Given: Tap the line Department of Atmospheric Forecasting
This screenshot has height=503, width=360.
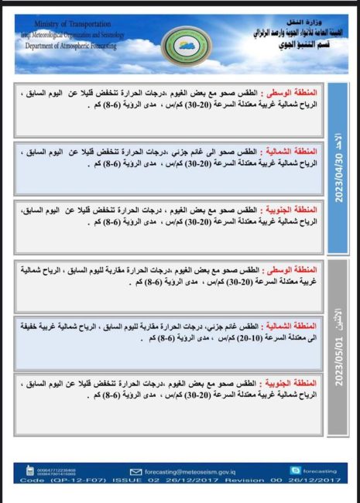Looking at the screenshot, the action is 70,46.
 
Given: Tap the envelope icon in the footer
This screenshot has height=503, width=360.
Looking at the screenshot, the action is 135,470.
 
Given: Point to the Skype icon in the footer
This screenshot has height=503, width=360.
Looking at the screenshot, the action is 294,470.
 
